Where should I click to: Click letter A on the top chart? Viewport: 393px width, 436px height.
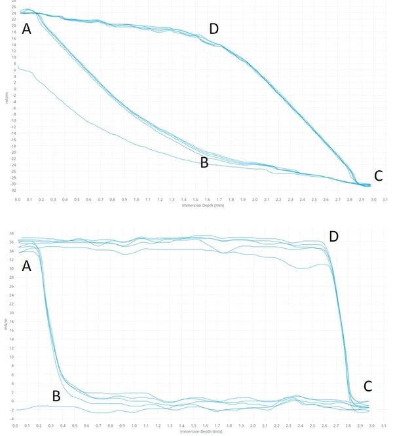27,29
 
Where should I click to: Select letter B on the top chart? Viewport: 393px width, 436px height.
204,163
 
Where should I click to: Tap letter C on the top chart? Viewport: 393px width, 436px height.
378,175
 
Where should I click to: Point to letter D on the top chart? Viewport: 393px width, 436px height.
214,28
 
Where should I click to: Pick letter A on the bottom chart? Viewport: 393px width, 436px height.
27,266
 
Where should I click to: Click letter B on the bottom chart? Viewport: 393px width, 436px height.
56,395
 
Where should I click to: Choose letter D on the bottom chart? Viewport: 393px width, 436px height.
333,236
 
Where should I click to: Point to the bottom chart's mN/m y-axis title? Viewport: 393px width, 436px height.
6,325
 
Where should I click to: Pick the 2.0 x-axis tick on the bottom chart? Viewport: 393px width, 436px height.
255,426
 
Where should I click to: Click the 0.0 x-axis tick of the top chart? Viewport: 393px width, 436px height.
18,198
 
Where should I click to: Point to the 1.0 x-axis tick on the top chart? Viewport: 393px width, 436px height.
136,198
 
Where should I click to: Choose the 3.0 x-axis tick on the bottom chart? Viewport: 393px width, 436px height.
373,426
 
